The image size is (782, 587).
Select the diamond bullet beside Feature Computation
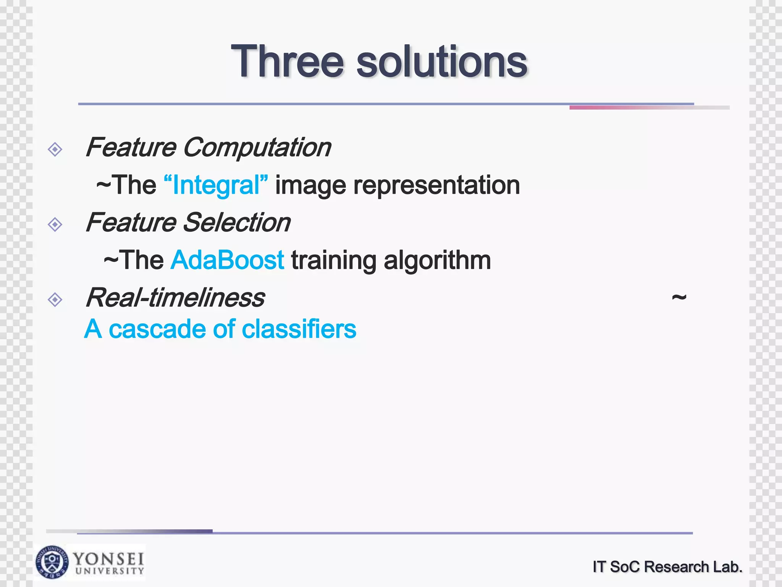point(55,149)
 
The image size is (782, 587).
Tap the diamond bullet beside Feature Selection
point(55,224)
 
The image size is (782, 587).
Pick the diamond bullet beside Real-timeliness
point(55,300)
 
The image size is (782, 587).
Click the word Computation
point(257,148)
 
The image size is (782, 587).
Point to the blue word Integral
point(216,185)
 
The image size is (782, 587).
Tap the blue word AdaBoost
point(228,260)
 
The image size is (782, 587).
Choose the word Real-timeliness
point(175,298)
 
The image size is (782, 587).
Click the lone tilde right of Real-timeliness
point(679,297)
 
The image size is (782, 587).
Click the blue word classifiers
point(299,329)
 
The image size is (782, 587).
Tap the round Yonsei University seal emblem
point(52,562)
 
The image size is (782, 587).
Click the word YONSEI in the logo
point(109,559)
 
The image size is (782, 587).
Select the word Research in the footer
point(676,567)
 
